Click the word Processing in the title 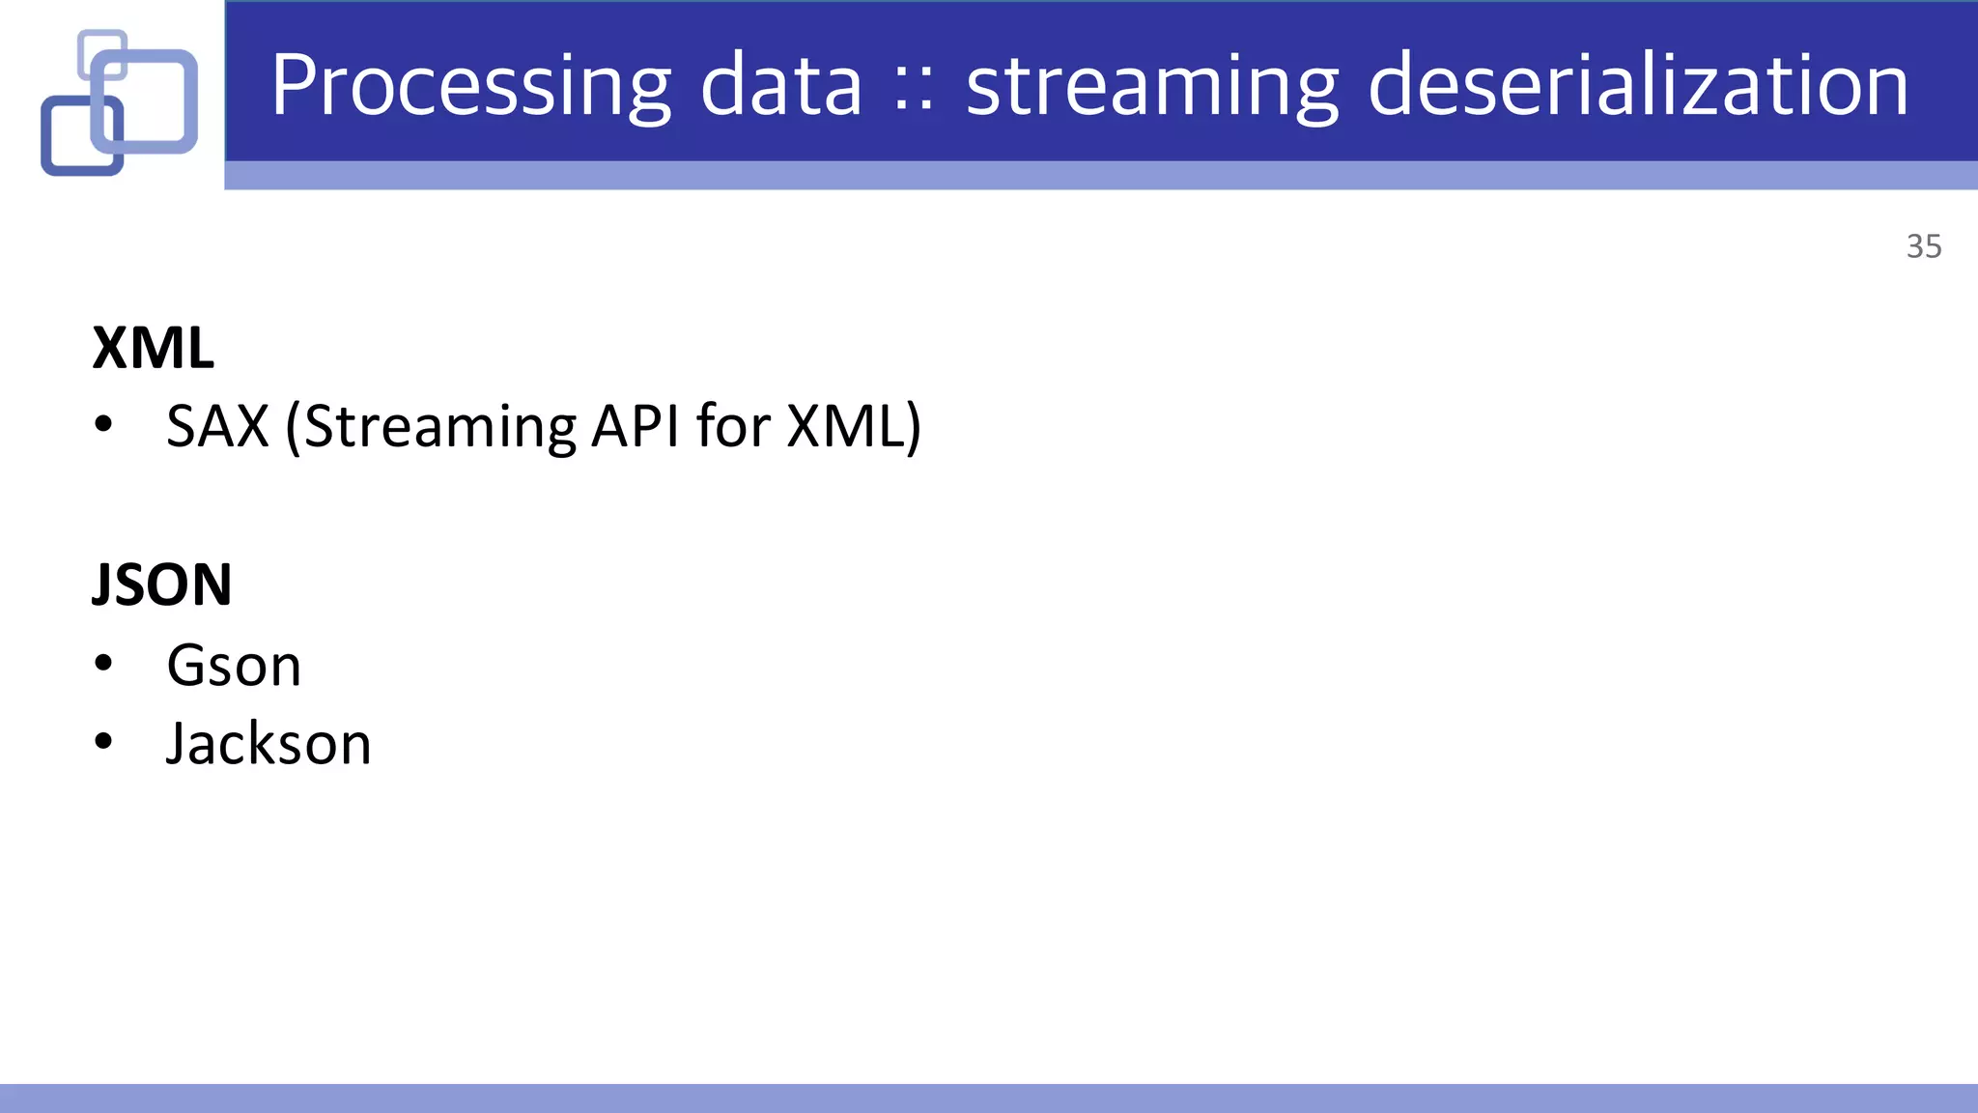[470, 87]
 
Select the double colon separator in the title [914, 92]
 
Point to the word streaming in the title [1152, 87]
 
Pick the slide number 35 [1923, 246]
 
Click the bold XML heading [153, 348]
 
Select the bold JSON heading [162, 585]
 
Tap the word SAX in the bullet [217, 426]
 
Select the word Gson [234, 666]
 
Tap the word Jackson [268, 744]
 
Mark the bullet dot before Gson [104, 664]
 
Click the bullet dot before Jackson [104, 742]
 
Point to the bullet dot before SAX [104, 424]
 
